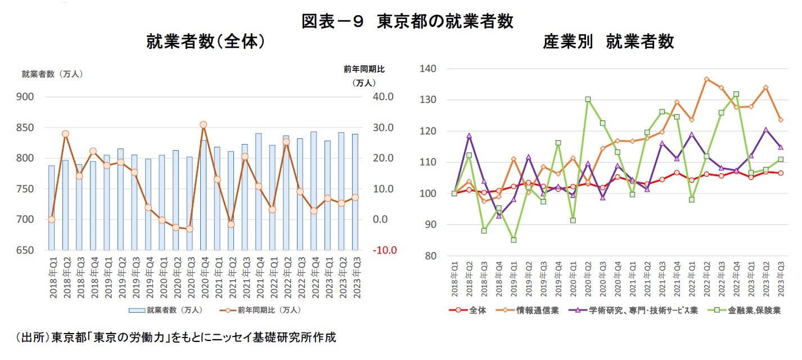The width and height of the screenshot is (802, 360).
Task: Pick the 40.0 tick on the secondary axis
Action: point(385,97)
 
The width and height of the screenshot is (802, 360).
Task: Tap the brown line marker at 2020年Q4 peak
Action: point(203,125)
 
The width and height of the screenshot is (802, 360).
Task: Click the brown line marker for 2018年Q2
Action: point(65,134)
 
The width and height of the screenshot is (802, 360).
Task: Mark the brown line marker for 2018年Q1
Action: point(51,219)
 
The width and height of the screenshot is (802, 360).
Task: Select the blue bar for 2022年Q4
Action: point(313,191)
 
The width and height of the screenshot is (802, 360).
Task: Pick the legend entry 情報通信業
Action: point(537,310)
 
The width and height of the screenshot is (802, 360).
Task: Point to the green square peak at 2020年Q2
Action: point(588,100)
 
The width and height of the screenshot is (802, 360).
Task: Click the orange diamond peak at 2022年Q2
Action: point(706,79)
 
